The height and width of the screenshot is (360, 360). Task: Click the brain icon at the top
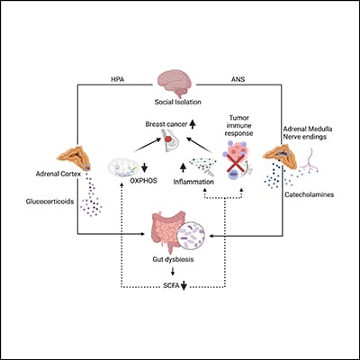point(178,84)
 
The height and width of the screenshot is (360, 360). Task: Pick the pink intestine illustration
point(154,235)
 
